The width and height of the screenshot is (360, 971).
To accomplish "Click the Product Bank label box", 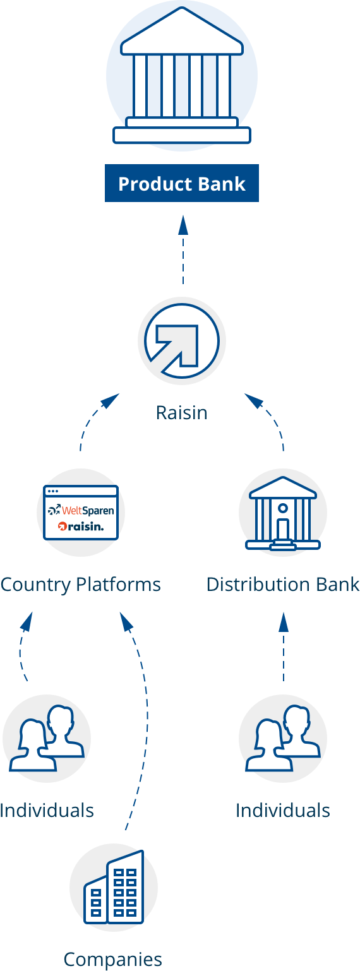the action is tap(182, 183).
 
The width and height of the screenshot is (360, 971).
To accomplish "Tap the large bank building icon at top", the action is tap(182, 75).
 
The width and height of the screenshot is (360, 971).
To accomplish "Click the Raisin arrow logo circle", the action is tap(182, 341).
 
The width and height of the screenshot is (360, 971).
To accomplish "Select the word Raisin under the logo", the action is tap(182, 413).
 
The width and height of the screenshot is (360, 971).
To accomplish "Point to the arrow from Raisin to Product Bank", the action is tap(183, 249).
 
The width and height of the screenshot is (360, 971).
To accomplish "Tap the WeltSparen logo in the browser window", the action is tap(81, 510).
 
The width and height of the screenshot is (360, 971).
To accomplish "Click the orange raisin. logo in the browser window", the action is tap(81, 527).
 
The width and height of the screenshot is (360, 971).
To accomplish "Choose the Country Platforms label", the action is tap(81, 585).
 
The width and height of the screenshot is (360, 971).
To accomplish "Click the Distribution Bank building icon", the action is tap(283, 513).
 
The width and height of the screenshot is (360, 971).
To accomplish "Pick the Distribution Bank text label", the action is tap(283, 585).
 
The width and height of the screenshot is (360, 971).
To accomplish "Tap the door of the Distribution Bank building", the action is tap(283, 528).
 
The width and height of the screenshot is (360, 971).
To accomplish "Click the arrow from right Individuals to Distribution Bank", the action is tap(284, 646).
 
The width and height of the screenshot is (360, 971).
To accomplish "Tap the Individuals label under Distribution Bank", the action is tap(283, 811).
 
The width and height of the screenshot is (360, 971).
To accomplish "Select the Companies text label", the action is tap(113, 960).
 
